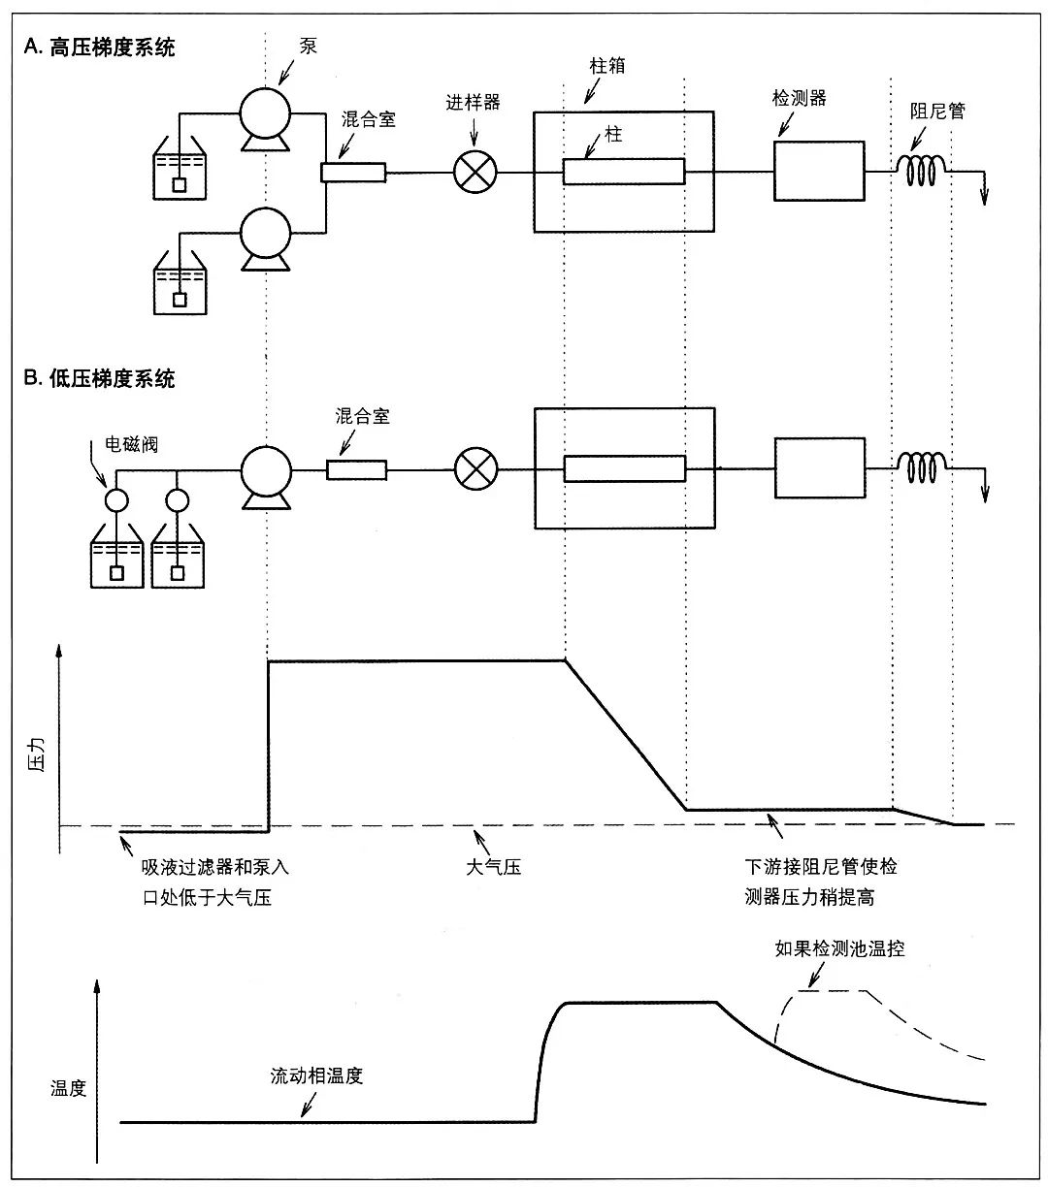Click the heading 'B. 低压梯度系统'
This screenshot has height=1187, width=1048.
coord(100,378)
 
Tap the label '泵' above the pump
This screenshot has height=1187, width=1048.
coord(309,46)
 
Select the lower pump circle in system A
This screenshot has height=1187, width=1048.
coord(266,233)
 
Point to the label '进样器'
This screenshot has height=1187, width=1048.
coord(473,102)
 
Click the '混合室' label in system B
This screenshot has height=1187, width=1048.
coord(362,417)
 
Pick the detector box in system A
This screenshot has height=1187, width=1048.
coord(819,171)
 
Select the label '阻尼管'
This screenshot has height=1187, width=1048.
coord(937,112)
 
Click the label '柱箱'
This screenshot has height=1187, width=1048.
coord(607,66)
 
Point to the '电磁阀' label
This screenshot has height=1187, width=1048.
coord(131,446)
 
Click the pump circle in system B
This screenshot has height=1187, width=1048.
coord(266,469)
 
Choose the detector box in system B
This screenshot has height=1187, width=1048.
coord(819,467)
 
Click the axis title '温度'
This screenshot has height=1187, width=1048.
coord(69,1089)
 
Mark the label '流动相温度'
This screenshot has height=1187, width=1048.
coord(316,1075)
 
